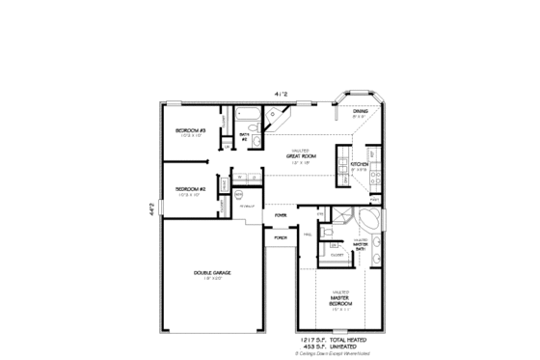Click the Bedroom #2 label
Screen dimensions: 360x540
[x=189, y=188]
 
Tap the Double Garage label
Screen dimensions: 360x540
[x=212, y=273]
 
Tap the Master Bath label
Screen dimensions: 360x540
[x=361, y=244]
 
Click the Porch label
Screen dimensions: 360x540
[x=281, y=236]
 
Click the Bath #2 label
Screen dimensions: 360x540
[x=245, y=136]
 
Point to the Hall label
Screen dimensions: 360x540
[x=307, y=235]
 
